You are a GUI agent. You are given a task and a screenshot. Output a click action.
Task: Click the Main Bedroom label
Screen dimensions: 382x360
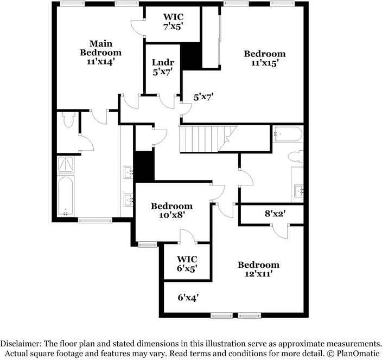click(x=100, y=53)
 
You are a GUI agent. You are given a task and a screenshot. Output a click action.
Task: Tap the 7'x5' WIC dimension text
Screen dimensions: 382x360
click(x=173, y=27)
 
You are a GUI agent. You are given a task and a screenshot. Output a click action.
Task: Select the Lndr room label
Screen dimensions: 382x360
click(x=163, y=62)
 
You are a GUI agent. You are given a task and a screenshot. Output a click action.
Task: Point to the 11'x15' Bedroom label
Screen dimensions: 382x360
click(x=265, y=58)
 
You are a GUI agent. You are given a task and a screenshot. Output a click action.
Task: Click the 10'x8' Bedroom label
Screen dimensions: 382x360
click(x=172, y=210)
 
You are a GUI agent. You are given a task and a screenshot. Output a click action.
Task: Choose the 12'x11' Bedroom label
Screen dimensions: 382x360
click(x=258, y=269)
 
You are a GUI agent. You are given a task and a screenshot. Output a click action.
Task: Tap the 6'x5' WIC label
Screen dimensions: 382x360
click(x=187, y=264)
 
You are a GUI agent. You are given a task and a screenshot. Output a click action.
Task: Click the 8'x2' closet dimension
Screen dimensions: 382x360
click(x=275, y=214)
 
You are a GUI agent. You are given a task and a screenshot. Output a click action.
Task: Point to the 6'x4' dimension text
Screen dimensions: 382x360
click(x=188, y=298)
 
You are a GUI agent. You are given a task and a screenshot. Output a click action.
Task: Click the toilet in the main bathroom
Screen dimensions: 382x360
click(x=67, y=119)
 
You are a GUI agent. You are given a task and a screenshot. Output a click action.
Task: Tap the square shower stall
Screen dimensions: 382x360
click(x=66, y=164)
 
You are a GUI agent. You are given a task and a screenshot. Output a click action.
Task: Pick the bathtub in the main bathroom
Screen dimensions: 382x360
click(x=66, y=196)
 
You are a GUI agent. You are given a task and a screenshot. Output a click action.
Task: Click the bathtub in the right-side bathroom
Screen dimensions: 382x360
click(x=288, y=134)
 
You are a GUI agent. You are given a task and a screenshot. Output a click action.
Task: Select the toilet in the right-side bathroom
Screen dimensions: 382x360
click(x=296, y=157)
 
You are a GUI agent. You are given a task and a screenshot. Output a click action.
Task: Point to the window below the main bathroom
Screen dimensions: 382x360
click(x=95, y=221)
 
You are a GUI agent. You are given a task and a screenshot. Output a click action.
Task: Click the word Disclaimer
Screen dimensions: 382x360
click(x=21, y=344)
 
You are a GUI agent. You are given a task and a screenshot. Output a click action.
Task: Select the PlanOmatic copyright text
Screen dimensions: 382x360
click(x=353, y=353)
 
